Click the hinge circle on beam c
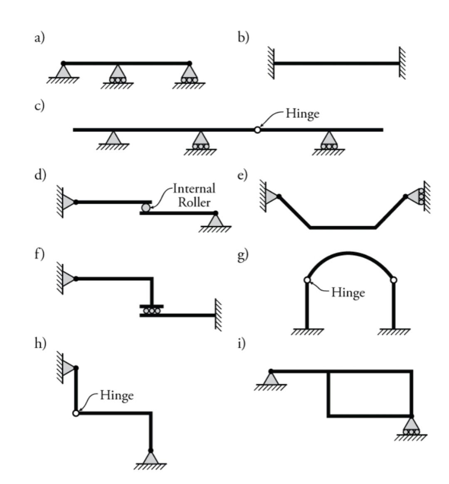click(257, 130)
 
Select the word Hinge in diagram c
click(302, 114)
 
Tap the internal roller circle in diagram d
click(146, 207)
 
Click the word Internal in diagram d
click(194, 189)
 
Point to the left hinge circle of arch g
click(307, 280)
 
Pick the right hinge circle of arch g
click(394, 280)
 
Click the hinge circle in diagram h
click(76, 413)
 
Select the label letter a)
click(39, 38)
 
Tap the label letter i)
click(242, 343)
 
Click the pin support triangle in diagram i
click(271, 378)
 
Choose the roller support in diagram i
click(411, 426)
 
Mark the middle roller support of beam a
click(118, 74)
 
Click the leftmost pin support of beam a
click(63, 71)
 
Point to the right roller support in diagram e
click(416, 196)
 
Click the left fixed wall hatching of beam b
click(271, 63)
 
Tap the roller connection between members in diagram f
click(152, 311)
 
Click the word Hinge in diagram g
click(348, 293)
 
